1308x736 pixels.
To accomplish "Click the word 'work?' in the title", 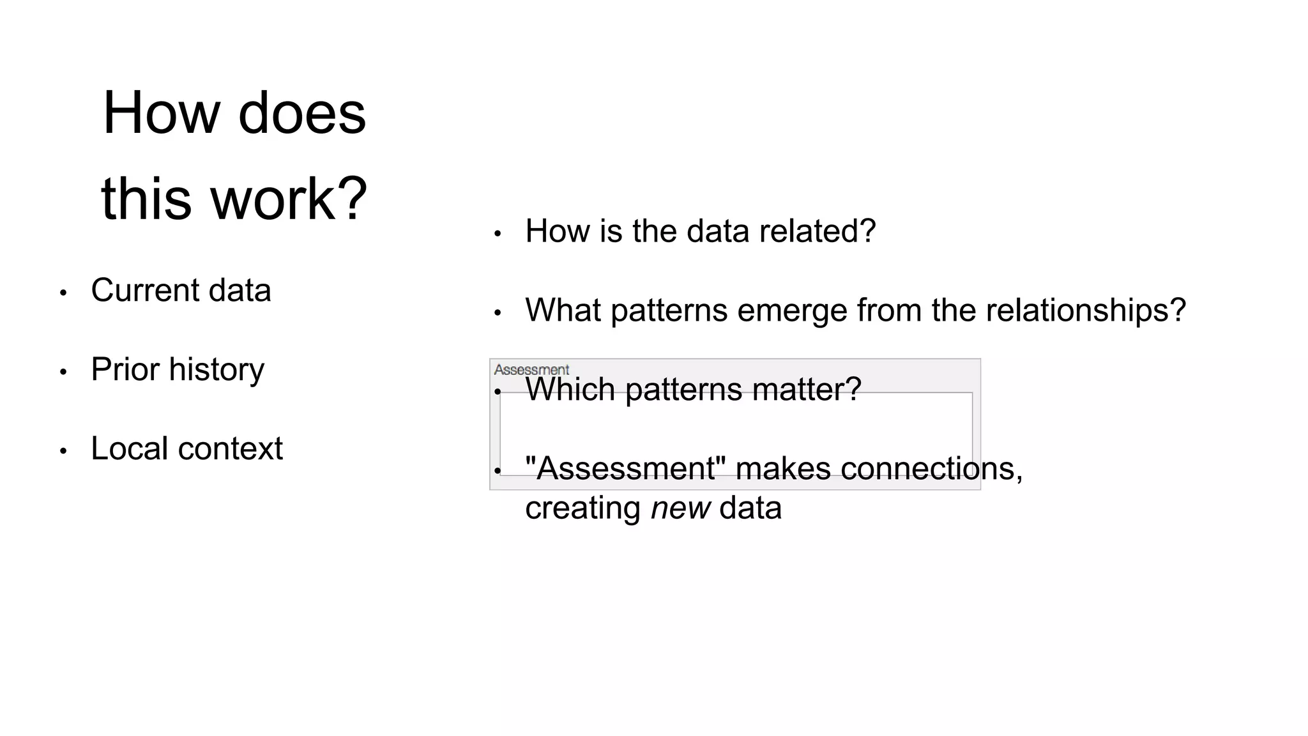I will click(x=289, y=199).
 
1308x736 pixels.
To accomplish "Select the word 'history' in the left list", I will click(x=217, y=370).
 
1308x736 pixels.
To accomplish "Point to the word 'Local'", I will click(x=130, y=448).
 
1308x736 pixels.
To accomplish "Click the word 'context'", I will click(x=231, y=448).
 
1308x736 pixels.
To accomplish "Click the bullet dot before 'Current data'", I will click(x=63, y=293).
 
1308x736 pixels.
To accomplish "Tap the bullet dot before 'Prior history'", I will click(x=63, y=372).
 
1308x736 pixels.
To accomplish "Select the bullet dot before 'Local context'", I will click(x=63, y=451).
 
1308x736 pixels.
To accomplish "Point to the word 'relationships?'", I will click(x=1085, y=310).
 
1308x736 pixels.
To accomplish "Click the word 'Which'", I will click(x=570, y=389).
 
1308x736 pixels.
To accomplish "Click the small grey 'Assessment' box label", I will click(x=531, y=370).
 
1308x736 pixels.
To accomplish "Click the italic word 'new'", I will click(x=680, y=509).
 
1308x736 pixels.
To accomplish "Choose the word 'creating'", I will click(x=582, y=509).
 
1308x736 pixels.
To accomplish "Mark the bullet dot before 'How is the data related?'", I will click(x=498, y=234).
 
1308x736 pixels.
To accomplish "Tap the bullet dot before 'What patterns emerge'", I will click(x=498, y=313).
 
